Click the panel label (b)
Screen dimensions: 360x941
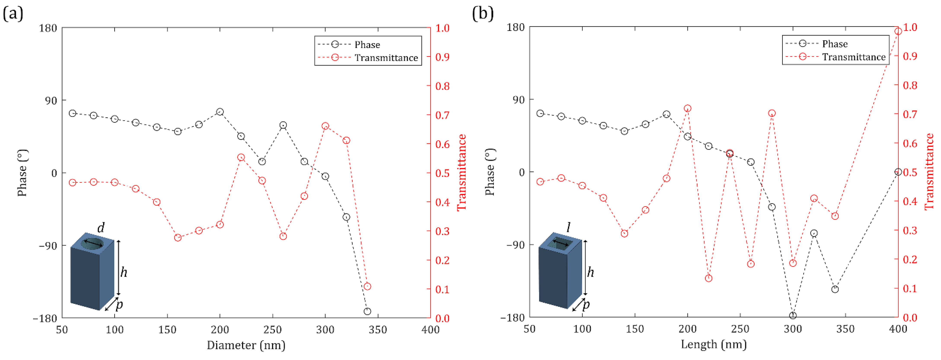pos(483,14)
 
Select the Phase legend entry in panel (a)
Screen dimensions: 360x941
pos(367,44)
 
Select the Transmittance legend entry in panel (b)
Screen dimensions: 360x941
pos(854,57)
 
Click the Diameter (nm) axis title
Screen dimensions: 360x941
pos(246,345)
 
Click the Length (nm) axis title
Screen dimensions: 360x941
pos(713,344)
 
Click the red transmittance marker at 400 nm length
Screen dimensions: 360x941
pos(898,31)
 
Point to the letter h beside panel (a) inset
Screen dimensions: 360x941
pos(124,272)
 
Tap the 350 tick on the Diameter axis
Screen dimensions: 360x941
pos(378,330)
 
